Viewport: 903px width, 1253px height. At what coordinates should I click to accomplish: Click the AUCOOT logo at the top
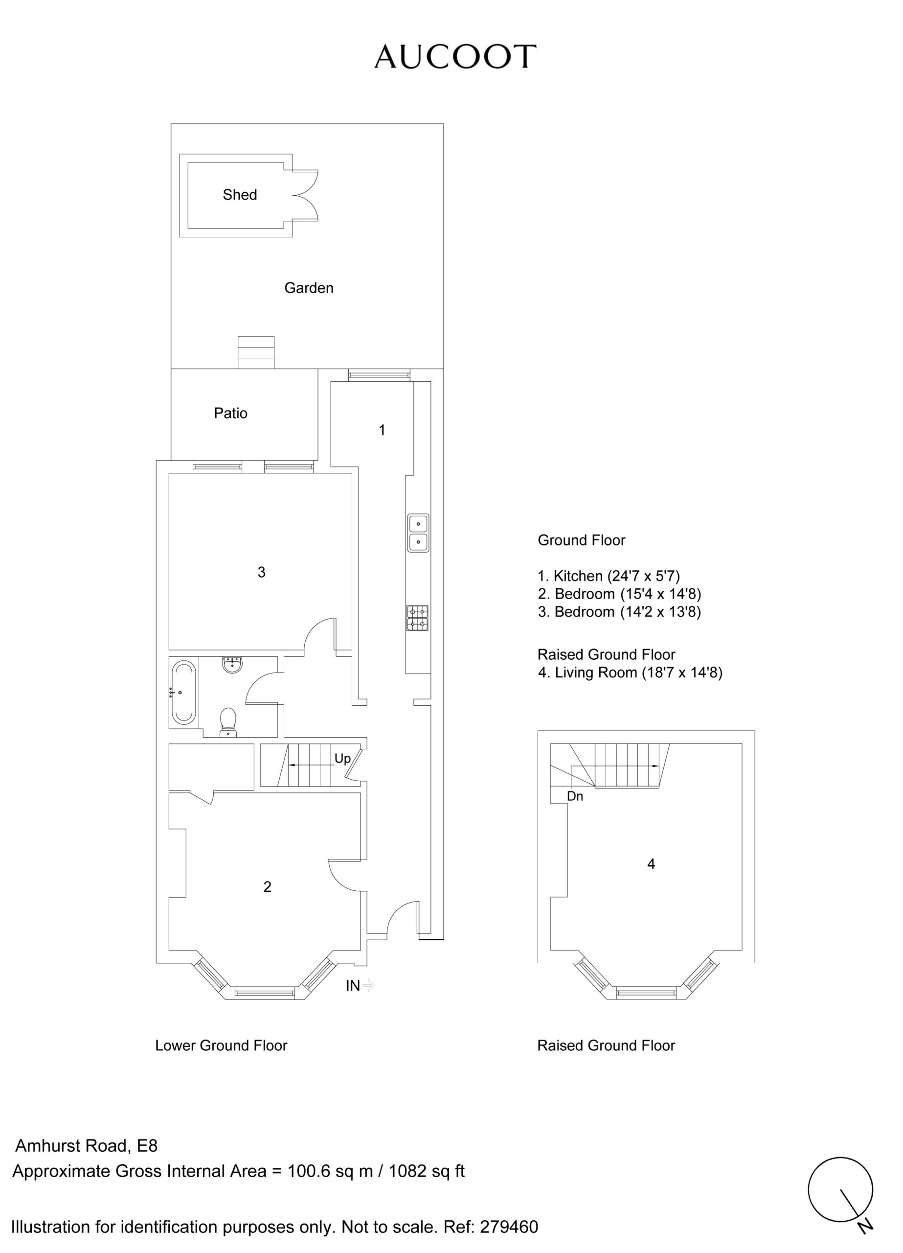455,57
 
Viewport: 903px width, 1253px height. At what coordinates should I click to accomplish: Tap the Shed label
240,194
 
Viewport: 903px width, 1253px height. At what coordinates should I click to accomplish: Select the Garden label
309,288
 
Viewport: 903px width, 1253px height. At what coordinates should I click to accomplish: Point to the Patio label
230,413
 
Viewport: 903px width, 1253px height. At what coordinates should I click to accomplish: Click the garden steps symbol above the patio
256,352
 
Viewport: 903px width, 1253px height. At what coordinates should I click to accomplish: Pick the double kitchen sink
418,533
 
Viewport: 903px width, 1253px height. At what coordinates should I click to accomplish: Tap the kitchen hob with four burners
418,618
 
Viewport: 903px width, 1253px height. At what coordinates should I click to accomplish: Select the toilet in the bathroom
228,722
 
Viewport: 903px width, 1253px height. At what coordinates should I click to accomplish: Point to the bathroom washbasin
232,665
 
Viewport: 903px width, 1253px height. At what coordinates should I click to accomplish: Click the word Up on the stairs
342,759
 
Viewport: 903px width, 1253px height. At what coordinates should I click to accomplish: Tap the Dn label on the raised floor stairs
575,797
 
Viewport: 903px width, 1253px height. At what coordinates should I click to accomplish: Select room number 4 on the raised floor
651,864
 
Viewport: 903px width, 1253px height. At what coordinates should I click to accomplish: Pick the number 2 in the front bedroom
267,887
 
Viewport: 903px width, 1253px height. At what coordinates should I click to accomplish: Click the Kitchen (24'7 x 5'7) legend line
609,576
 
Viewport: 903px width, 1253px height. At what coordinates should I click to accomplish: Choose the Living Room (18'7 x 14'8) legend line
630,673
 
